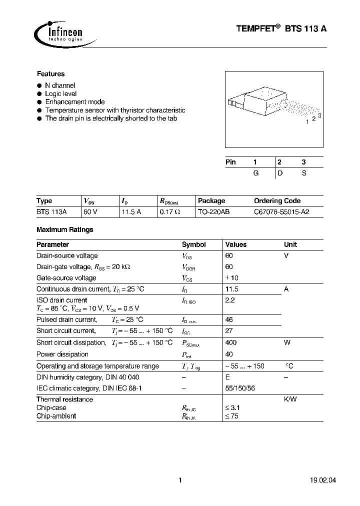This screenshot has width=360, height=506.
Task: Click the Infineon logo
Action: click(58, 32)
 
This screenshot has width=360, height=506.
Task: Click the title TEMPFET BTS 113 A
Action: click(281, 29)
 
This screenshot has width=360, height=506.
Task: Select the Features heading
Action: click(50, 73)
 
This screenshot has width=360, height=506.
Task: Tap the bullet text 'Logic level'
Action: click(60, 93)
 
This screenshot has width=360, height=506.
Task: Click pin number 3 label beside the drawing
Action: click(319, 116)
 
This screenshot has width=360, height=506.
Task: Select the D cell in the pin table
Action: click(280, 173)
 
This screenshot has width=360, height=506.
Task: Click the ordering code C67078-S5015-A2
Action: click(281, 212)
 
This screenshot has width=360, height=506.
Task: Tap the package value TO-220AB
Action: click(213, 212)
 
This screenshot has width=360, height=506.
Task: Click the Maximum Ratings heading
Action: click(65, 230)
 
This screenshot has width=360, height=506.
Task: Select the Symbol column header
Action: click(193, 244)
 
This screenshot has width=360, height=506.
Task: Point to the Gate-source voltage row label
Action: click(66, 278)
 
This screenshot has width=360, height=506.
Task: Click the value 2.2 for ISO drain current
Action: click(230, 300)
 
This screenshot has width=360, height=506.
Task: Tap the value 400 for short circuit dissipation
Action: click(231, 342)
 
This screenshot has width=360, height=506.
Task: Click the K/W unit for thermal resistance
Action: click(290, 399)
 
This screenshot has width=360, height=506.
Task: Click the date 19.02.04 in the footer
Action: click(312, 480)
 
